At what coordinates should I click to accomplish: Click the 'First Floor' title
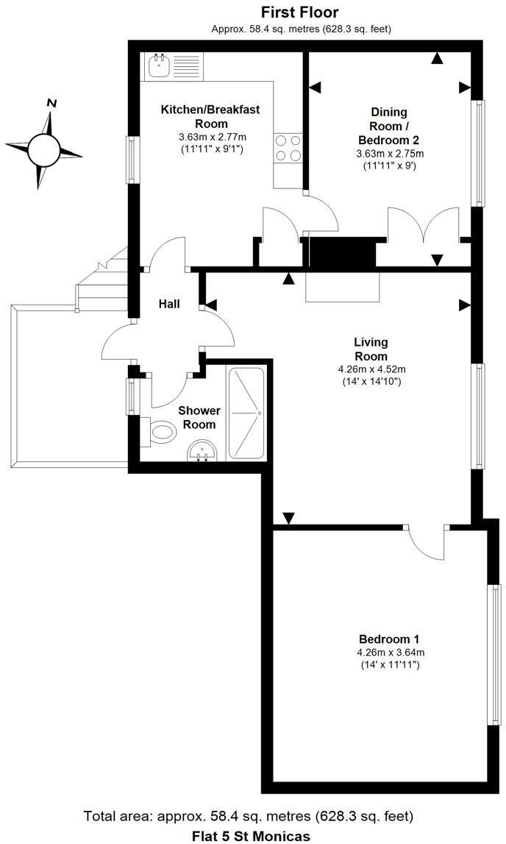click(x=300, y=13)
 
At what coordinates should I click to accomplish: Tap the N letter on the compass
click(x=51, y=104)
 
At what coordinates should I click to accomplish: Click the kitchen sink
click(x=158, y=66)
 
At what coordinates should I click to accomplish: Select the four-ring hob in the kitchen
click(x=288, y=147)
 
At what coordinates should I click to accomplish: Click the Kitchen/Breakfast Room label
click(x=210, y=116)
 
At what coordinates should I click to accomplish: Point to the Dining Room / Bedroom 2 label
click(x=389, y=126)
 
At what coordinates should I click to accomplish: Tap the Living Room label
click(x=371, y=349)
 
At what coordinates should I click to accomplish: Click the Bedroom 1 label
click(x=389, y=639)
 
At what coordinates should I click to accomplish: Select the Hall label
click(x=169, y=304)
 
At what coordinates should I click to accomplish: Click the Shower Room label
click(x=199, y=417)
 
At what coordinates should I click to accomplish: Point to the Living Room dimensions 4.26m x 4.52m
click(x=371, y=369)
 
